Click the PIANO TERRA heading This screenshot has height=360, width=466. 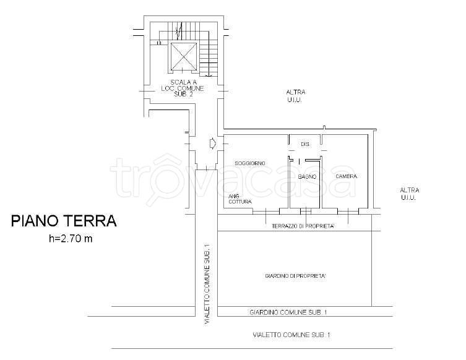coord(64,221)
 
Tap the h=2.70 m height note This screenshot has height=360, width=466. coord(71,239)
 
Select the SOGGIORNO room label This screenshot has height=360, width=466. coord(250,163)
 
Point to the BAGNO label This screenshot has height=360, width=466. coord(307,177)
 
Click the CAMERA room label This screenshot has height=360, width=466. coord(346,176)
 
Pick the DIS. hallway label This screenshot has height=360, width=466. coord(306,144)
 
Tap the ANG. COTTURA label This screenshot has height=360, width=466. coord(240,199)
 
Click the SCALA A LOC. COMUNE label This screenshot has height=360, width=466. coord(183,88)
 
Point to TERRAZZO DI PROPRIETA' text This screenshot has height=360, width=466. coord(303,226)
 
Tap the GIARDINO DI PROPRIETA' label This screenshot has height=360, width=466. coord(295,276)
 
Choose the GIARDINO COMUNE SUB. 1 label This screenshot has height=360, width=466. coord(288,312)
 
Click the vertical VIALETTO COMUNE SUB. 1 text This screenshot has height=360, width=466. coord(207,285)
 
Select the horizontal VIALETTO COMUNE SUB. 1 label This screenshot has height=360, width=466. coord(291,335)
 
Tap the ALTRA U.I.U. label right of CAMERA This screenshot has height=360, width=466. coord(409,194)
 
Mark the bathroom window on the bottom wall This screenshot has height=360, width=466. coord(306,211)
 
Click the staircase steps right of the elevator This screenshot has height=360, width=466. coord(209,59)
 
